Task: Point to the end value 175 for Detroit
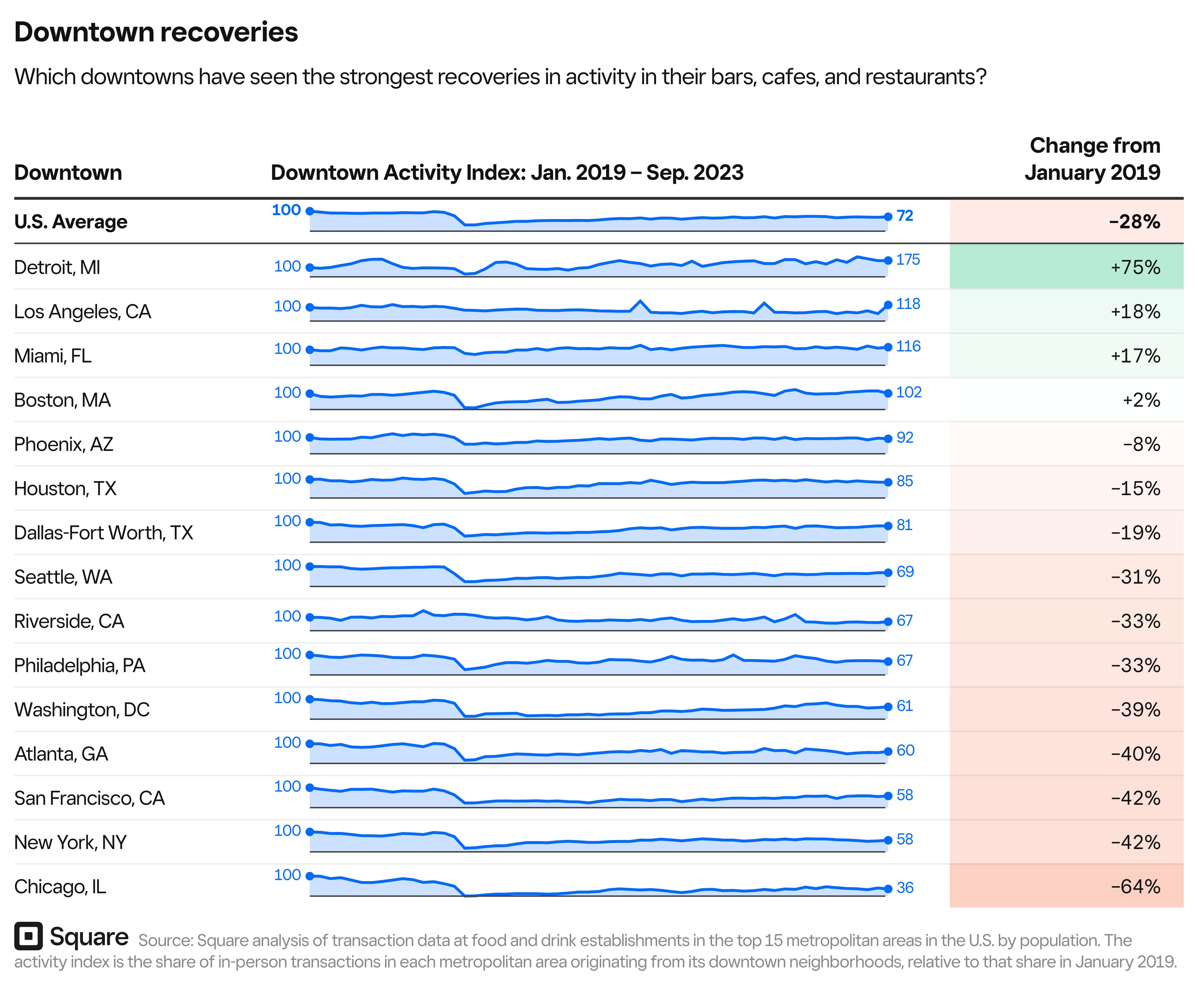[x=907, y=260]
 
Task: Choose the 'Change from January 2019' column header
[x=1093, y=159]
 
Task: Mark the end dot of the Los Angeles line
[x=888, y=305]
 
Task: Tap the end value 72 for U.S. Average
[x=905, y=216]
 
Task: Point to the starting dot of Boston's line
[x=310, y=393]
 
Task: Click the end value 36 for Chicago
[x=905, y=888]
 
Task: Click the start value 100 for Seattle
[x=287, y=565]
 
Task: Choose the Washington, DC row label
[x=82, y=710]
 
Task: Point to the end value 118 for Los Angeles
[x=907, y=304]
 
